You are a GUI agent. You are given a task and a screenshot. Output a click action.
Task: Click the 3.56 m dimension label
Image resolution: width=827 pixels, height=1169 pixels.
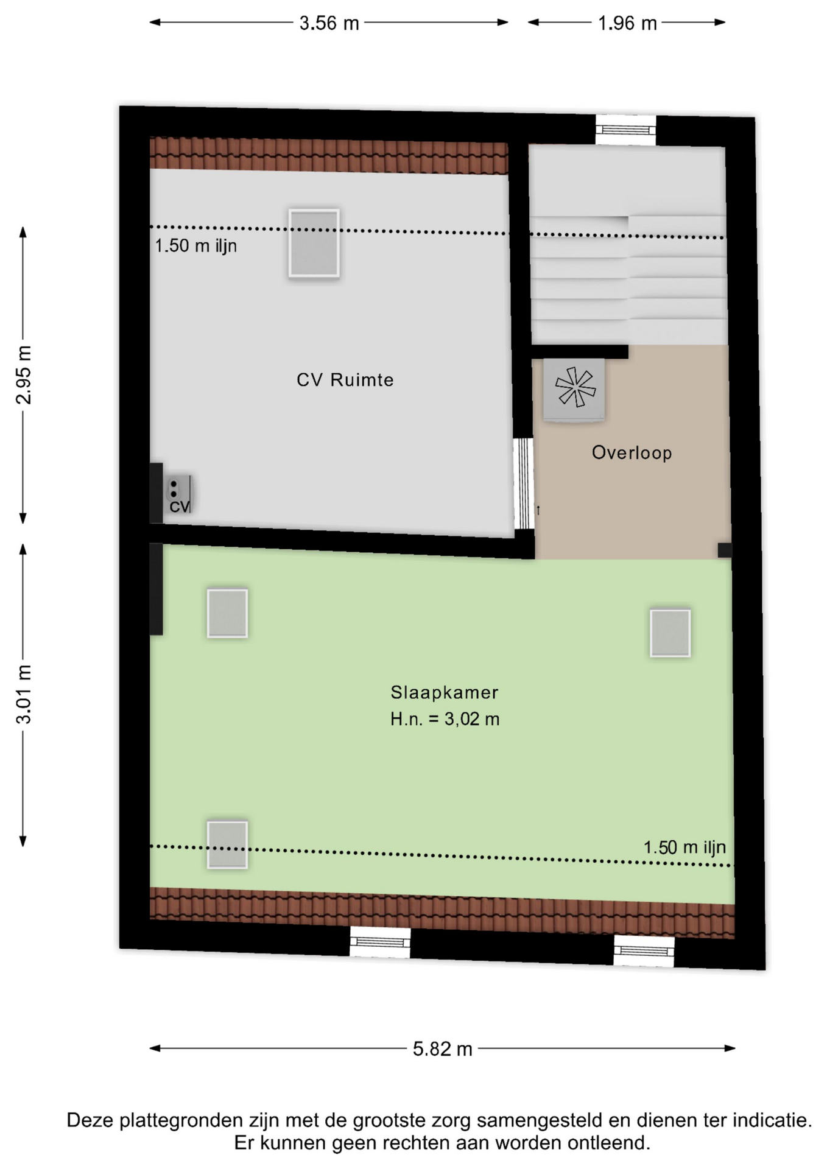coord(329,23)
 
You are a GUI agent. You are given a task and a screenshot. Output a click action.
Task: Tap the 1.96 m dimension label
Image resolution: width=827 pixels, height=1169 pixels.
coord(627,23)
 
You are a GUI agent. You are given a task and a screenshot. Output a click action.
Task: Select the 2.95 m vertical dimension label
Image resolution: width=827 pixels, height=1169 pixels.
coord(24,374)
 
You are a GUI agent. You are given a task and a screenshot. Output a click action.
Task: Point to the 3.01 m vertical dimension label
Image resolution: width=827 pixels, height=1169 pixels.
coord(24,694)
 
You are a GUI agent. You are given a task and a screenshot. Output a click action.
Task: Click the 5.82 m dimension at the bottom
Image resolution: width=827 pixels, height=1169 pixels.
coord(443,1048)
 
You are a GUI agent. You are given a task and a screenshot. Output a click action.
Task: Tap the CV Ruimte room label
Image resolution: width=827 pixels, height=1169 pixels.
coord(345,380)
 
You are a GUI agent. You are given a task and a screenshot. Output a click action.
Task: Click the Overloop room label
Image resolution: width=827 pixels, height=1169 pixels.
coord(632,452)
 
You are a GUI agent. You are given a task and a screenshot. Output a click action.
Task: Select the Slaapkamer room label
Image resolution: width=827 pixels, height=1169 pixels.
coord(445,692)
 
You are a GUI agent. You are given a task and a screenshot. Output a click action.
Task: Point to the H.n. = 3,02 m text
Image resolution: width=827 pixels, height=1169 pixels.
coord(445,719)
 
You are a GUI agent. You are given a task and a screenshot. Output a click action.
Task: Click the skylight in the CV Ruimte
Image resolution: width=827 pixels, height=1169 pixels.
coord(314,243)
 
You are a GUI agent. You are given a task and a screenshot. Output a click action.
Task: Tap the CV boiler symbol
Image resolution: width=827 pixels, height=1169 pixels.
coord(179,494)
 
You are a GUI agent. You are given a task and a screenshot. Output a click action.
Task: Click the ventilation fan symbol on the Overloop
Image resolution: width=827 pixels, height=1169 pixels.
coord(574,388)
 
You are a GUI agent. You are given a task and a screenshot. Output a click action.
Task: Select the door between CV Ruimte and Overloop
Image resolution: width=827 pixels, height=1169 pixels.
coord(523,483)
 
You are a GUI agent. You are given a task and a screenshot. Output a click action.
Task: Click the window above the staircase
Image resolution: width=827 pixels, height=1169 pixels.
coord(625,130)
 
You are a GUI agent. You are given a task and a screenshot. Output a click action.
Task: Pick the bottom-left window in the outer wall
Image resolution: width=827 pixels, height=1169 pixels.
coord(380,943)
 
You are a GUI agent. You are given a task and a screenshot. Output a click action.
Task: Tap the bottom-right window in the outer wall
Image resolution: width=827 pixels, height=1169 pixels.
coord(644,951)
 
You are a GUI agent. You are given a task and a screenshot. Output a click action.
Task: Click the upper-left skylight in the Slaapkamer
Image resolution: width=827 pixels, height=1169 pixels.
coord(227,613)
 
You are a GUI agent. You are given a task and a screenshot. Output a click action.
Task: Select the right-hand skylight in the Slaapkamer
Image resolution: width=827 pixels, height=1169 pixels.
coord(670,633)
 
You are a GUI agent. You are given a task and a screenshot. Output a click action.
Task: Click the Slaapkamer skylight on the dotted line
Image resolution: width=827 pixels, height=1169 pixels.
coord(227,845)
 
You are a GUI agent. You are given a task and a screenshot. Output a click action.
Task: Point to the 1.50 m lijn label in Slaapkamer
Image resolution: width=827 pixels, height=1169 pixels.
coord(684,848)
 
